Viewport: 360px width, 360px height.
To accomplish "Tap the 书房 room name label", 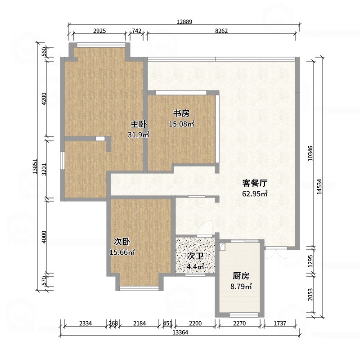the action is [181, 113].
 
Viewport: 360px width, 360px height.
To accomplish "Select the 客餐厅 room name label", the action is [255, 183].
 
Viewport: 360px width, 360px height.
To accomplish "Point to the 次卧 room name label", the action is [122, 242].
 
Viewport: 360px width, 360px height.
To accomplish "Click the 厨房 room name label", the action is [241, 276].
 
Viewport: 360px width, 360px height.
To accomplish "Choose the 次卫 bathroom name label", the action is [195, 256].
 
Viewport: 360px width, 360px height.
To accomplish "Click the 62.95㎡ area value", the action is [255, 194].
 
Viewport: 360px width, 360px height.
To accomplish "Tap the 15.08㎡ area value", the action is [182, 124].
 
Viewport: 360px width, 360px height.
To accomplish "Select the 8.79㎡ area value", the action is [241, 287].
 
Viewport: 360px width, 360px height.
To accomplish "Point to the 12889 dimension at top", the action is [184, 22].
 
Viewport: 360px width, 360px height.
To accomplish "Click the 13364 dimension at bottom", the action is [180, 332].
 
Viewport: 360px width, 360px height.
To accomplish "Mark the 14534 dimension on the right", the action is [319, 187].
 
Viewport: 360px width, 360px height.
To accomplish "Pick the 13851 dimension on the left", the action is [35, 166].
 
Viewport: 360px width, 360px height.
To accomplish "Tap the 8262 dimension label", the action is [221, 31].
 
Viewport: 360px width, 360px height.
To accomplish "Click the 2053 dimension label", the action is [310, 295].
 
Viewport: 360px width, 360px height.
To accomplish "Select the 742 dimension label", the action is [137, 31].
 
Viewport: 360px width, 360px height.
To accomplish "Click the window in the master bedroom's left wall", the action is [62, 161].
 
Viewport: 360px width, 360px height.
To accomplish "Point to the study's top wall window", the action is [181, 93].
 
